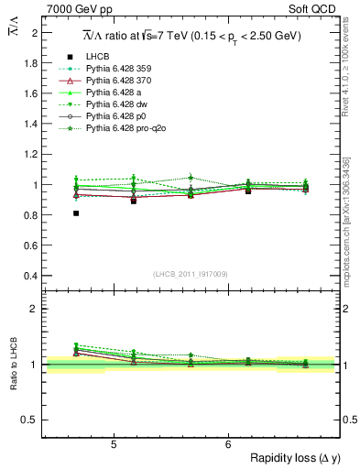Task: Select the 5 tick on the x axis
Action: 113,444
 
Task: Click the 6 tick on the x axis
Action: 228,444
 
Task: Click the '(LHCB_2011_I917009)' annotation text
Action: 191,273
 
